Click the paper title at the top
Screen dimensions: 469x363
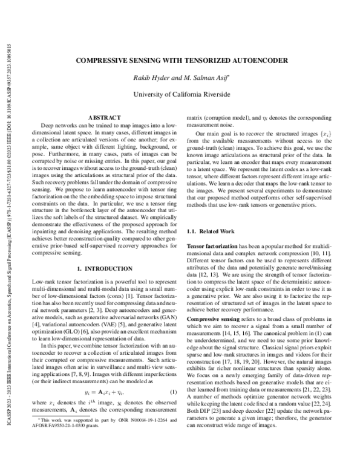pos(181,61)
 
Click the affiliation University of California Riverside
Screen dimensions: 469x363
pos(181,94)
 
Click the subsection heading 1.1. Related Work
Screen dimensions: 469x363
pos(212,230)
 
